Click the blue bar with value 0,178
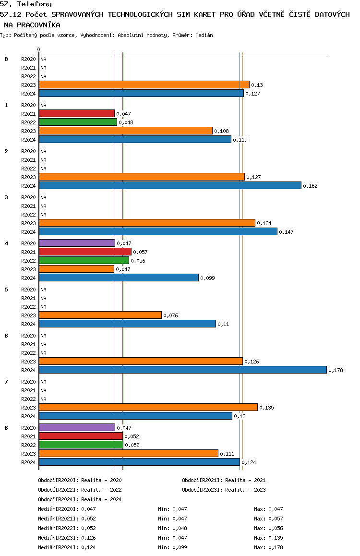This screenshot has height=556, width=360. point(183,370)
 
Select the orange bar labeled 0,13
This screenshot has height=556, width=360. point(144,85)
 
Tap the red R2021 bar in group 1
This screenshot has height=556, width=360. point(77,113)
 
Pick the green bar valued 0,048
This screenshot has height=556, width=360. point(78,122)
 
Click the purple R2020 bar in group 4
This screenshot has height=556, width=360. point(77,243)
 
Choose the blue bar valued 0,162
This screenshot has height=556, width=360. point(170,185)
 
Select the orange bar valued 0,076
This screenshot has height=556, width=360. point(100,315)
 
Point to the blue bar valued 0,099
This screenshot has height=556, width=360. point(119,278)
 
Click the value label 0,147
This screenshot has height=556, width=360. point(286,232)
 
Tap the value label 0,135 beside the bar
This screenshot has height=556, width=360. point(266,408)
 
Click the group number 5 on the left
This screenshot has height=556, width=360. point(6,290)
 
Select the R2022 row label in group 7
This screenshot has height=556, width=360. point(28,399)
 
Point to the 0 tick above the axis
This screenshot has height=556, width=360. point(38,49)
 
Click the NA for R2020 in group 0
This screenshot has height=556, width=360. point(43,59)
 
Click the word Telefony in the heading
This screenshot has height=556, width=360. point(35,4)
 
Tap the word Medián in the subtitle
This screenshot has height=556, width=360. point(204,35)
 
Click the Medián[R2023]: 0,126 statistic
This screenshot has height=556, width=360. point(67,538)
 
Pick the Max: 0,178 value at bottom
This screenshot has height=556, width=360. point(269,547)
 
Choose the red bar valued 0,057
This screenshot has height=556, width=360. point(85,252)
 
